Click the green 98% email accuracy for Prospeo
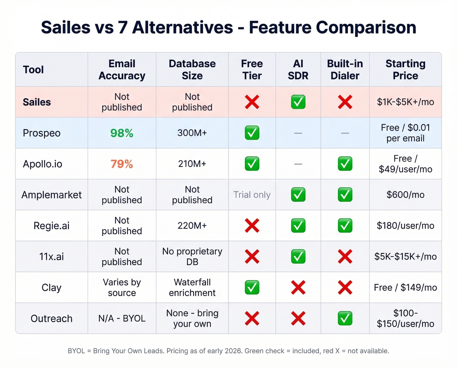coord(122,133)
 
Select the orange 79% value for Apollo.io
coord(122,164)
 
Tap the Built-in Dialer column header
coord(345,70)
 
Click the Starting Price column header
coord(405,70)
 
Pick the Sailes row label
coord(37,102)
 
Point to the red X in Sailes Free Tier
coord(252,102)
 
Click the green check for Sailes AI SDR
coord(298,102)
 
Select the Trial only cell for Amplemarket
coord(252,195)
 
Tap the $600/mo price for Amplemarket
coord(405,195)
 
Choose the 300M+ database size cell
coord(192,133)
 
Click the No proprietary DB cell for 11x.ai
coord(192,257)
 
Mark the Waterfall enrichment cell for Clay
coord(192,287)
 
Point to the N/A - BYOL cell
coord(122,318)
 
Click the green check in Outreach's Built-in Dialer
coord(345,318)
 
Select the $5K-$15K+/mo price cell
coord(405,257)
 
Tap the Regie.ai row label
coord(52,226)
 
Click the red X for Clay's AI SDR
coord(298,287)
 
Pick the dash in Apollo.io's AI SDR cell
coord(298,164)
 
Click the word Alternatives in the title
coord(182,27)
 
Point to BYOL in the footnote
coord(76,351)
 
